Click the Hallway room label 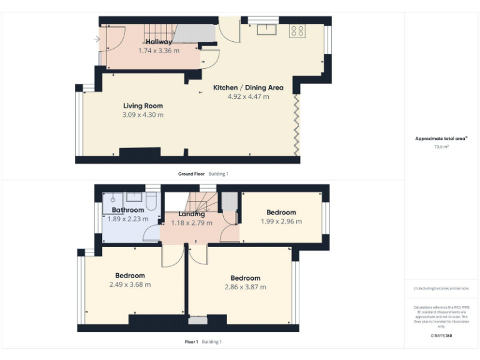(x=159, y=42)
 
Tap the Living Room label (x=143, y=106)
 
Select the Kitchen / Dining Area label (x=248, y=87)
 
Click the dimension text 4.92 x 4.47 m (x=248, y=97)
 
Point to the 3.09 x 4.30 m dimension (x=143, y=115)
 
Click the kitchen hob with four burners (x=296, y=31)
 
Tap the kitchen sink (x=269, y=28)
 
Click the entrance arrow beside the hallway (x=96, y=40)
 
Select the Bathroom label (x=128, y=210)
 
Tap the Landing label (x=191, y=214)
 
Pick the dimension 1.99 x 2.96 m (x=281, y=221)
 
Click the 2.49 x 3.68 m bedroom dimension (x=130, y=284)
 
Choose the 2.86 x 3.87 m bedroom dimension (x=245, y=287)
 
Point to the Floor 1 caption (x=191, y=342)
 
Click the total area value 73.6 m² (x=442, y=146)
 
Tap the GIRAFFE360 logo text (x=442, y=336)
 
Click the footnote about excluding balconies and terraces (x=442, y=288)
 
